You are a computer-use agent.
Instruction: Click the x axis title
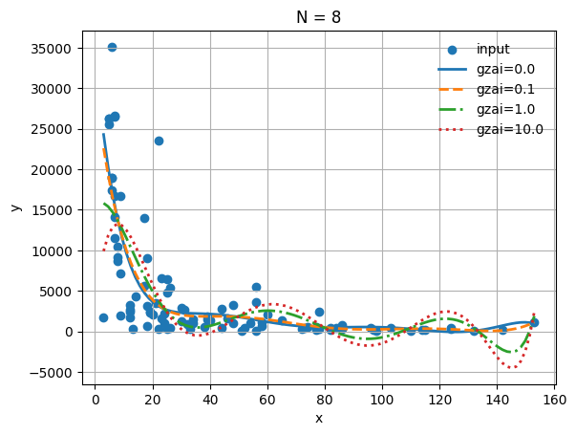click(319, 418)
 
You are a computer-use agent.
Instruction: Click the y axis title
click(15, 207)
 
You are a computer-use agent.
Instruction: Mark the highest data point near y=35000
click(112, 47)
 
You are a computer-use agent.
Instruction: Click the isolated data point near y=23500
click(159, 141)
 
